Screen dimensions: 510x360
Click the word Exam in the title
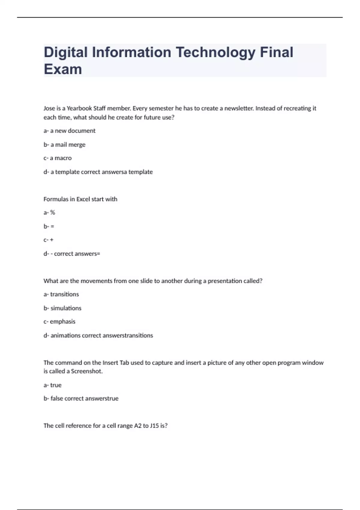click(x=63, y=69)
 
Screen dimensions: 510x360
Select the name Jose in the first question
click(x=49, y=108)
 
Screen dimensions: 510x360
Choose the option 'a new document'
click(x=73, y=131)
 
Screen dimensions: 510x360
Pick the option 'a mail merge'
click(x=68, y=145)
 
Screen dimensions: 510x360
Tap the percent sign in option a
click(x=52, y=213)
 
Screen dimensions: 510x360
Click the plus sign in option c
click(x=52, y=240)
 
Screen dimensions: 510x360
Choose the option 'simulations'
click(x=66, y=308)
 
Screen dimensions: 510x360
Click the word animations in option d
click(x=65, y=335)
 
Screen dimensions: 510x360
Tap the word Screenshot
click(x=87, y=371)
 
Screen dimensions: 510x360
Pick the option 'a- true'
click(x=52, y=385)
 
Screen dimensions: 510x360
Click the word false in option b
click(x=57, y=398)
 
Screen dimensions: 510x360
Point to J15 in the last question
click(x=154, y=426)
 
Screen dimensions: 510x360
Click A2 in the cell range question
click(x=138, y=426)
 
